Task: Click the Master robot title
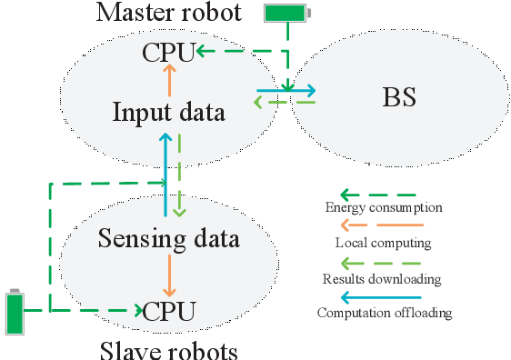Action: (x=169, y=14)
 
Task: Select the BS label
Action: (x=397, y=97)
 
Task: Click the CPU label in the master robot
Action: (x=168, y=52)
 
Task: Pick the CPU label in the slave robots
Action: (x=168, y=311)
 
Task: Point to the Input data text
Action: (x=168, y=113)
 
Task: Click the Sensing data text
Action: (x=168, y=239)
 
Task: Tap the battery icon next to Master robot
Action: (x=286, y=13)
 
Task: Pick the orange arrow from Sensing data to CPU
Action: (x=168, y=275)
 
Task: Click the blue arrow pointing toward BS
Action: (x=286, y=90)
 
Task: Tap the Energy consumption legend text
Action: (x=384, y=208)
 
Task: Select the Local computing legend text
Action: (x=383, y=243)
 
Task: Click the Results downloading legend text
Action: (x=383, y=278)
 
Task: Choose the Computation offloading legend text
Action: (x=383, y=313)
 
